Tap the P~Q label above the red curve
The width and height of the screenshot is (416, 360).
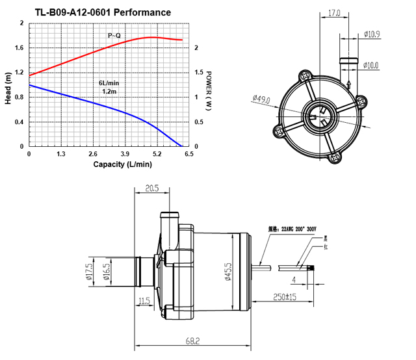(114, 35)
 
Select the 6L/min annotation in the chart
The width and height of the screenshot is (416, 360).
(109, 83)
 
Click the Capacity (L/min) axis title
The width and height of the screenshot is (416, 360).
(122, 164)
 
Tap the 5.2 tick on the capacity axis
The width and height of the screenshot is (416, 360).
(157, 154)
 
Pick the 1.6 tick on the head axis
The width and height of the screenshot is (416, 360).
(19, 47)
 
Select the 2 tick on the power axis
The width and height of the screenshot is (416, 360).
(196, 47)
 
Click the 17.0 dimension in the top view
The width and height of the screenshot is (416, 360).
(334, 12)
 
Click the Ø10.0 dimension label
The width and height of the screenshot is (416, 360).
(372, 65)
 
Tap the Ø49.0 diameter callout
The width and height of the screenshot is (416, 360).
(261, 99)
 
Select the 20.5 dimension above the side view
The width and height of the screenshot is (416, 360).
(151, 187)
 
